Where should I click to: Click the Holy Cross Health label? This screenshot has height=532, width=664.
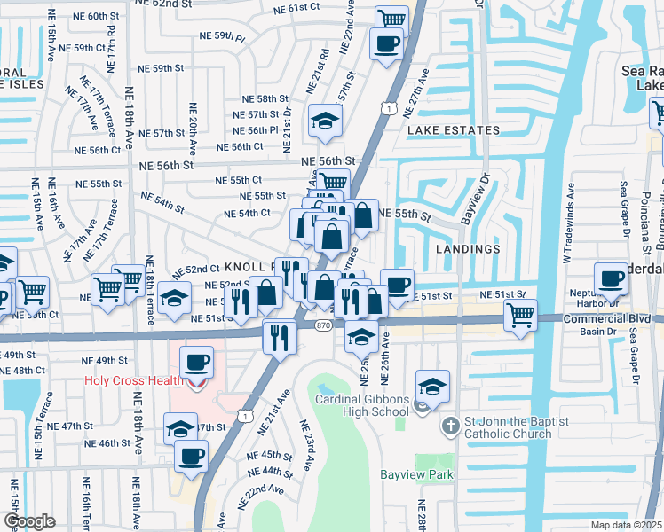pyautogui.click(x=133, y=381)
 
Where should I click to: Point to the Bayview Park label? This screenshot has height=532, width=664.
pyautogui.click(x=416, y=475)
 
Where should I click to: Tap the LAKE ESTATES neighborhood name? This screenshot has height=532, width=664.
pyautogui.click(x=454, y=130)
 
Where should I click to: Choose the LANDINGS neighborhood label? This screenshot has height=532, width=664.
pyautogui.click(x=468, y=249)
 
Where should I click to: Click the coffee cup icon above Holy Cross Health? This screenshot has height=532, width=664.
pyautogui.click(x=197, y=362)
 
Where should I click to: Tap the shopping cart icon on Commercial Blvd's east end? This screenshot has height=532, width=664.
pyautogui.click(x=520, y=314)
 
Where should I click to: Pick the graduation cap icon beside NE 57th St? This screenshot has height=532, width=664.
pyautogui.click(x=326, y=121)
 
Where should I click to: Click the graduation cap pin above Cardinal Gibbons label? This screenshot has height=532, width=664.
pyautogui.click(x=432, y=387)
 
